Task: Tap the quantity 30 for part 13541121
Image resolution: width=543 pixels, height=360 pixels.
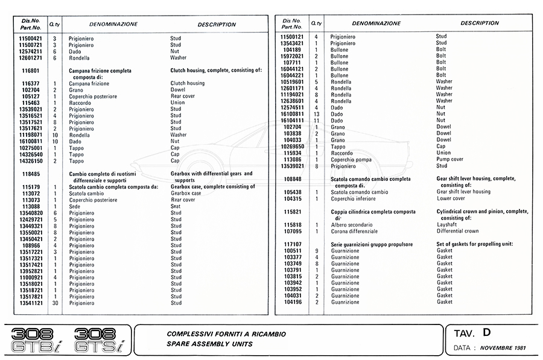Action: [x=55, y=303]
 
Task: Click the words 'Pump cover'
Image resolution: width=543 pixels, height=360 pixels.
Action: [x=449, y=159]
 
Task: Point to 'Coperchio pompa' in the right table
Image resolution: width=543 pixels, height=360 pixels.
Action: [x=351, y=159]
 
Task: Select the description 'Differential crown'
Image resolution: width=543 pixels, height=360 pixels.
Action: [x=457, y=231]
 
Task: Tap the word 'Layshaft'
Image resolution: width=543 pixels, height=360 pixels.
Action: [x=447, y=224]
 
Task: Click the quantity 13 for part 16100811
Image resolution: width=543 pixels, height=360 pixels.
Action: [x=316, y=114]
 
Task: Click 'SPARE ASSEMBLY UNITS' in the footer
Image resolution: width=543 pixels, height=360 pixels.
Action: [x=209, y=344]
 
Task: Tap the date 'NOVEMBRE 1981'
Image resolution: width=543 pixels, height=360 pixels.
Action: [x=504, y=349]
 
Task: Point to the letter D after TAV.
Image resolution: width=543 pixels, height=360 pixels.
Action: [x=487, y=332]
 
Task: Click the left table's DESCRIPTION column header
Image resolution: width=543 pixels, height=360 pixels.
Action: [x=217, y=25]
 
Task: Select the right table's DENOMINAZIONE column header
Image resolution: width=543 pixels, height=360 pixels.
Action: [x=376, y=24]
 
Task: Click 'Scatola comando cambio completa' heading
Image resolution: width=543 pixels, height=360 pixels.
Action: [x=370, y=179]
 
